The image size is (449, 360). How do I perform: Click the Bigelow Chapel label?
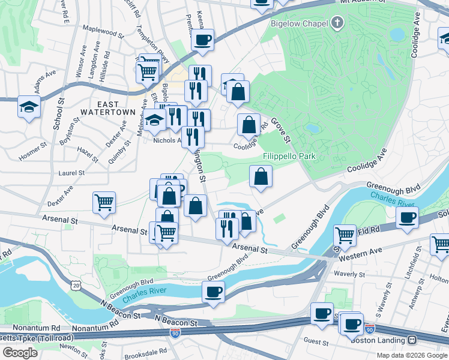pyautogui.click(x=298, y=23)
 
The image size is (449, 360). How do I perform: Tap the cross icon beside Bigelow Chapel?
pyautogui.click(x=337, y=23)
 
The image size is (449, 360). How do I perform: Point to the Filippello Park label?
pyautogui.click(x=289, y=157)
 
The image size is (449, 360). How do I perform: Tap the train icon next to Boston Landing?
pyautogui.click(x=412, y=340)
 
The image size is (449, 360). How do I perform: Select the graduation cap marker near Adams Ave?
pyautogui.click(x=28, y=107)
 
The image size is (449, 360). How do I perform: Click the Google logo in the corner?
pyautogui.click(x=20, y=352)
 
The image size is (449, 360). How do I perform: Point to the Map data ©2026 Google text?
pyautogui.click(x=411, y=355)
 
